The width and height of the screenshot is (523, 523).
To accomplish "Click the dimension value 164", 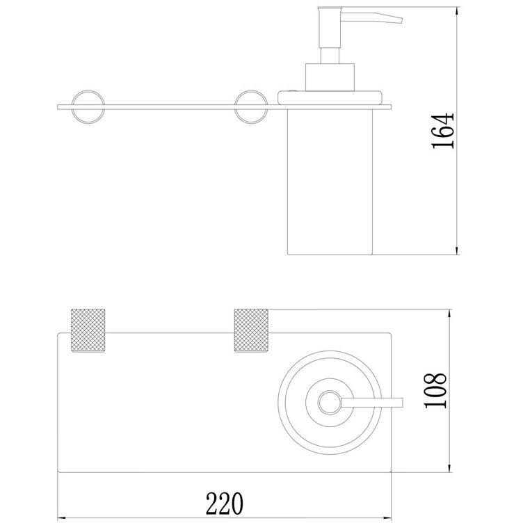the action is [443, 131].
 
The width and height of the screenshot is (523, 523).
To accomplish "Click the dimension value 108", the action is [435, 390].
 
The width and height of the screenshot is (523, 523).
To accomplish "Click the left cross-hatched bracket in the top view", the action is [88, 330].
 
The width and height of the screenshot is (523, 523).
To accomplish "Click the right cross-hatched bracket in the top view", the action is [251, 330].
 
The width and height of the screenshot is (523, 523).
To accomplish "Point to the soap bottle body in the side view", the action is [330, 182].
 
